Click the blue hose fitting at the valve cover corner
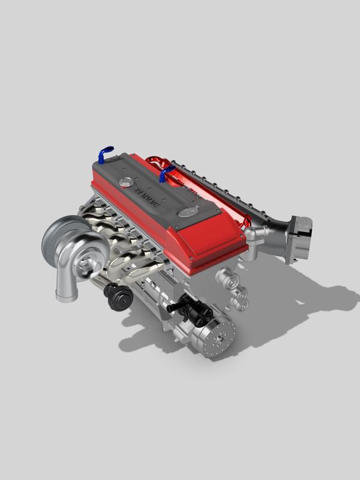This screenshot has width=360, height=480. pyautogui.click(x=105, y=152)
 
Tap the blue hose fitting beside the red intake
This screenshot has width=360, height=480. pyautogui.click(x=166, y=175)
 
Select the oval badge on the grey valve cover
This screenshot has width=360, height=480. pyautogui.click(x=187, y=212)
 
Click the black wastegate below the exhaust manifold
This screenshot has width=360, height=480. pyautogui.click(x=118, y=296)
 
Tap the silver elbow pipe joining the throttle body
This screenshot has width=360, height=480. pyautogui.click(x=264, y=237)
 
